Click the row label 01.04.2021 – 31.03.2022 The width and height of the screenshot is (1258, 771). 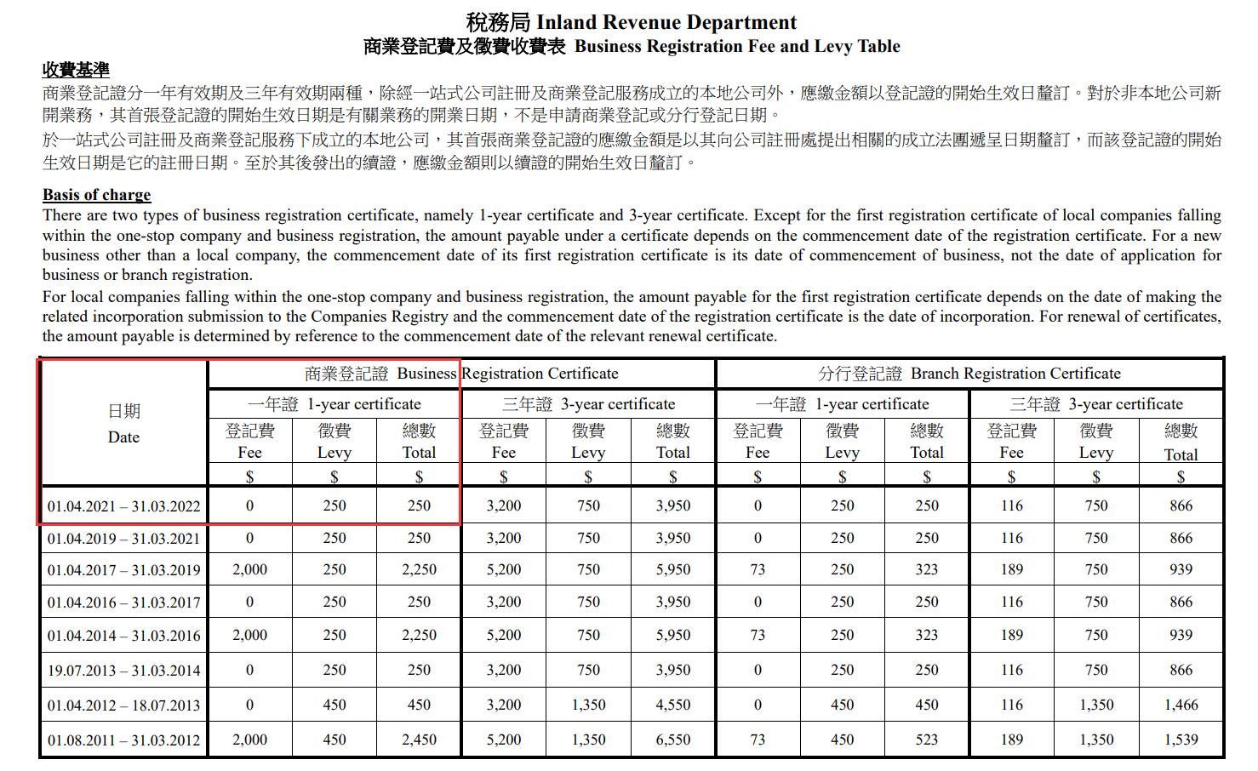(123, 506)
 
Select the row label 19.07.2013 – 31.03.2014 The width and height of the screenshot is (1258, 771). (123, 671)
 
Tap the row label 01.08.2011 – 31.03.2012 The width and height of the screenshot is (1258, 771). (123, 740)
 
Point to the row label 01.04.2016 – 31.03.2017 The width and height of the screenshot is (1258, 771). (123, 603)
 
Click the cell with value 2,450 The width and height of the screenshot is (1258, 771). (419, 740)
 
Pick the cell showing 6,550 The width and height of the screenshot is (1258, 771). (672, 740)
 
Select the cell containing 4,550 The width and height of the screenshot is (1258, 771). (672, 705)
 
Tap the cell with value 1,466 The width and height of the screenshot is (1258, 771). (1181, 705)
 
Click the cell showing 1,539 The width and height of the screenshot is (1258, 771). (1181, 740)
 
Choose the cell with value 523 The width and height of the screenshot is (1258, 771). (927, 740)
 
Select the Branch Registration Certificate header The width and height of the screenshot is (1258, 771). (969, 374)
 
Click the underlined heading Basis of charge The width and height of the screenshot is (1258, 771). (96, 195)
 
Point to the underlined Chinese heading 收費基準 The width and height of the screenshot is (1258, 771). (76, 70)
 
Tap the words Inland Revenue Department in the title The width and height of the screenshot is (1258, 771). (666, 22)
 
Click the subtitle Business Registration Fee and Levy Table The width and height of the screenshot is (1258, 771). (737, 47)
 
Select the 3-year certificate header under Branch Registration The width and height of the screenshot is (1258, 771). (1095, 404)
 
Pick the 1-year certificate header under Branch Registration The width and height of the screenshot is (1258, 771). (842, 404)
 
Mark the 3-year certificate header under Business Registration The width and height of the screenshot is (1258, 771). (588, 404)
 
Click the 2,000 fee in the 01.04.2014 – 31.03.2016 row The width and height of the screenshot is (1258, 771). (249, 636)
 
